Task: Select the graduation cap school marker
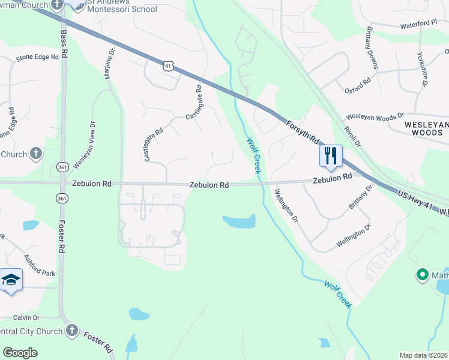click(11, 280)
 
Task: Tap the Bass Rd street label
click(64, 41)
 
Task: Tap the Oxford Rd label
click(358, 86)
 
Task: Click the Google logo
click(20, 352)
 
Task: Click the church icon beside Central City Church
click(71, 331)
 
